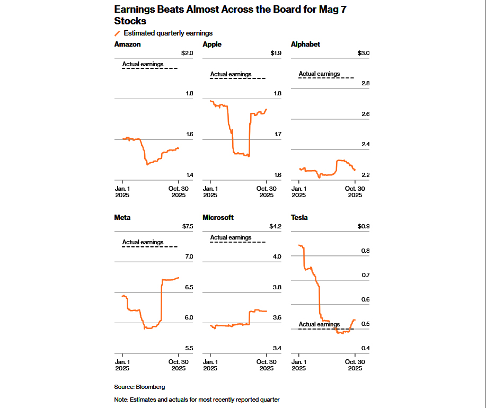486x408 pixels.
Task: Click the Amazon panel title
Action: (x=127, y=45)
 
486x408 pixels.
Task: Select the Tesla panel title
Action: (x=299, y=217)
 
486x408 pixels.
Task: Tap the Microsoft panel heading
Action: (x=218, y=217)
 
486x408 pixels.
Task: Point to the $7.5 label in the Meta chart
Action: (x=188, y=226)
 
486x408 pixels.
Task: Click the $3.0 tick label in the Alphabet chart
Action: (x=364, y=53)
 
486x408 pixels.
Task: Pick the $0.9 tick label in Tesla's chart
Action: (x=364, y=226)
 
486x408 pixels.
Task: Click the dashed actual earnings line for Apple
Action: (x=238, y=78)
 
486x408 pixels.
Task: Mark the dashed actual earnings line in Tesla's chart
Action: (x=326, y=329)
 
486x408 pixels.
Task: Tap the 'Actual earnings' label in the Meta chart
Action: (x=143, y=242)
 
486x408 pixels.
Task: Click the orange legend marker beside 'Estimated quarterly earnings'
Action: (x=117, y=33)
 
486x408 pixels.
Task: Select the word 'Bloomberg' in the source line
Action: (x=151, y=387)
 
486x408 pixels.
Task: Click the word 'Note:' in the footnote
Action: (x=121, y=400)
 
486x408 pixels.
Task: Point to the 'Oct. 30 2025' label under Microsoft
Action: (x=266, y=365)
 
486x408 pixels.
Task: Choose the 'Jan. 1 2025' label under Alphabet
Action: (x=299, y=192)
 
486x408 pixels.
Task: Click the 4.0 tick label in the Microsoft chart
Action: (x=277, y=256)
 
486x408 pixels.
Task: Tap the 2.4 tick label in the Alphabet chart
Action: (x=366, y=144)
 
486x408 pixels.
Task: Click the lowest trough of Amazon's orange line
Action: (x=147, y=164)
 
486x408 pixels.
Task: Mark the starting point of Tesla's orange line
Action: (x=299, y=245)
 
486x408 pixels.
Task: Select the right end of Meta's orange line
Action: (x=179, y=278)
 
